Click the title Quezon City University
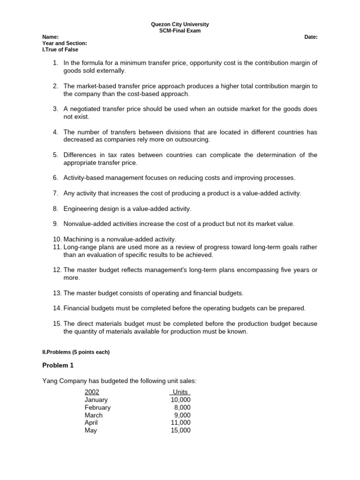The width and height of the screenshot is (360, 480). coord(180,24)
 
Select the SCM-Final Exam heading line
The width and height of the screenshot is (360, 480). coord(180,31)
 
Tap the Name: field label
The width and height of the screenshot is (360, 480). coord(51,37)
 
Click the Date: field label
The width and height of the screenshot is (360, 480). coord(311,37)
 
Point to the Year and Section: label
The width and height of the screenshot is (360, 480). coord(65,43)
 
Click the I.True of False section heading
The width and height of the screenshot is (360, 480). coord(60,49)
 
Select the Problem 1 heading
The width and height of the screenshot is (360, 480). coord(58,365)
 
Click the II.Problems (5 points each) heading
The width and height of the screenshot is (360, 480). coord(76,352)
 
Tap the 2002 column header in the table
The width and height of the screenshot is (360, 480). coord(92,392)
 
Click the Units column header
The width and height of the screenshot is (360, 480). coord(180,392)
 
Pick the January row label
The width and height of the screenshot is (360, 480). coord(96,400)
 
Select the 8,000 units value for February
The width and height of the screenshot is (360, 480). coord(182,408)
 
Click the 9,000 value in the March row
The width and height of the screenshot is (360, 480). coord(182,415)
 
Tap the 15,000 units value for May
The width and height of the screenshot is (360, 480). coord(181,430)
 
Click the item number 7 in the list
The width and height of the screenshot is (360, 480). coord(55,193)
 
